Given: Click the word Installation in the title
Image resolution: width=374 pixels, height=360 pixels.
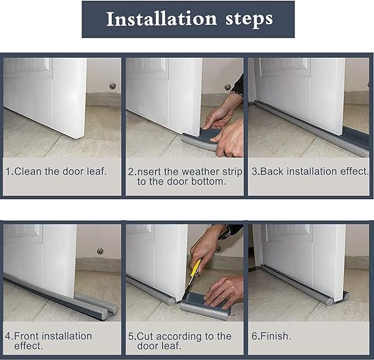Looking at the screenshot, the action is (162, 19).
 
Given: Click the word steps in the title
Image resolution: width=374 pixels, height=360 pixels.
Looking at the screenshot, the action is (249, 20).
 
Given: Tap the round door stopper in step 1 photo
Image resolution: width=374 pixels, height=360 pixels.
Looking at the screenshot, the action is (112, 86).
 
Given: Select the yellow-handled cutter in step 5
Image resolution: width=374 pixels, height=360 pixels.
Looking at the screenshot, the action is (193, 276).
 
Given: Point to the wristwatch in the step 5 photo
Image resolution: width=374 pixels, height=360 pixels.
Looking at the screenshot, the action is (225, 232).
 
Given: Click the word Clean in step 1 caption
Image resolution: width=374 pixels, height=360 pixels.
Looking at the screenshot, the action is (28, 171).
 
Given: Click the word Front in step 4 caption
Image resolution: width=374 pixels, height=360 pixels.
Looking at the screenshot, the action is (28, 336).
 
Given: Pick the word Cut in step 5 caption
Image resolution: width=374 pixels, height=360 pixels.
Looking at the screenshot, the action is (145, 336).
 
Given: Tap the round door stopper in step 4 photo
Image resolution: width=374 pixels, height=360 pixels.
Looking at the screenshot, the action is (100, 251).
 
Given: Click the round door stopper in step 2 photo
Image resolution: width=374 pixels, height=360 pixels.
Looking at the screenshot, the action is (228, 87).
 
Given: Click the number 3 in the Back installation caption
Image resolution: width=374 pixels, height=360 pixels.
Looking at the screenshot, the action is (255, 171).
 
